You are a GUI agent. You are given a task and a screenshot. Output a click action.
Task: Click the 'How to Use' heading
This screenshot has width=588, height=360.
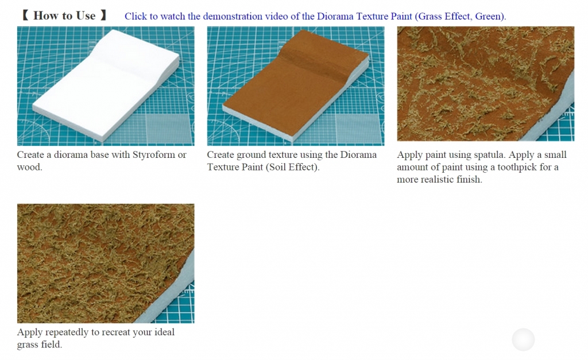64,16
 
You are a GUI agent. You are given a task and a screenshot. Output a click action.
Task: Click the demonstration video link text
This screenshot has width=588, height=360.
315,16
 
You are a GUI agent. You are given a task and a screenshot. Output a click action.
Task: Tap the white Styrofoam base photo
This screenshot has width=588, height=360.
106,86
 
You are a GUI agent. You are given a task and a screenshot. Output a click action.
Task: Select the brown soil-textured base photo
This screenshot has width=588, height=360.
296,86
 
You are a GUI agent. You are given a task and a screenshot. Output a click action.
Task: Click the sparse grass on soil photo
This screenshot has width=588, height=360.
486,84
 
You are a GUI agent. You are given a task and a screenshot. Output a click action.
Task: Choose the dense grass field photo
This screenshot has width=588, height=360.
106,264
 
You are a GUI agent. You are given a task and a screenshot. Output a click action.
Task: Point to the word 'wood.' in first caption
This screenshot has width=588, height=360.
30,167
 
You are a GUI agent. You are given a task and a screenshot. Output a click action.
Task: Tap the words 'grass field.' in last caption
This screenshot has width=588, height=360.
40,344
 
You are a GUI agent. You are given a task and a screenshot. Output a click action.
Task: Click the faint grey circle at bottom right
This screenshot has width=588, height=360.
523,340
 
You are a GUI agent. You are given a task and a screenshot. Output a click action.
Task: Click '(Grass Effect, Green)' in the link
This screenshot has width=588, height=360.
461,16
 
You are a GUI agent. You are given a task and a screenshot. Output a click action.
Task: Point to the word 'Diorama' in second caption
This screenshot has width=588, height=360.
358,155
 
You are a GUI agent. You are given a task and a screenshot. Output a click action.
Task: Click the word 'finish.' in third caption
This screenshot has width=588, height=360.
470,180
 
